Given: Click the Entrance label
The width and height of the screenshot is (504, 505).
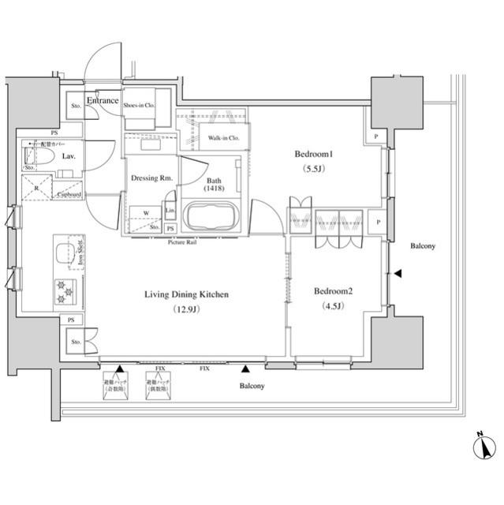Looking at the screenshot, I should tap(103, 101).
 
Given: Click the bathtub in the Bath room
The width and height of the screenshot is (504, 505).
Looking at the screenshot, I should tap(211, 215).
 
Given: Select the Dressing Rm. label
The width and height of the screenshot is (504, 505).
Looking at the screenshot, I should tap(151, 178).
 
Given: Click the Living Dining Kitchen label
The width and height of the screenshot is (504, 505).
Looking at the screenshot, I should tap(186, 294).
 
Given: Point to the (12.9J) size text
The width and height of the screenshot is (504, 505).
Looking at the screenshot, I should tap(186, 310).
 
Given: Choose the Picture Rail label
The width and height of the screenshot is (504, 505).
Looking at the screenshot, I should tap(184, 242).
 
